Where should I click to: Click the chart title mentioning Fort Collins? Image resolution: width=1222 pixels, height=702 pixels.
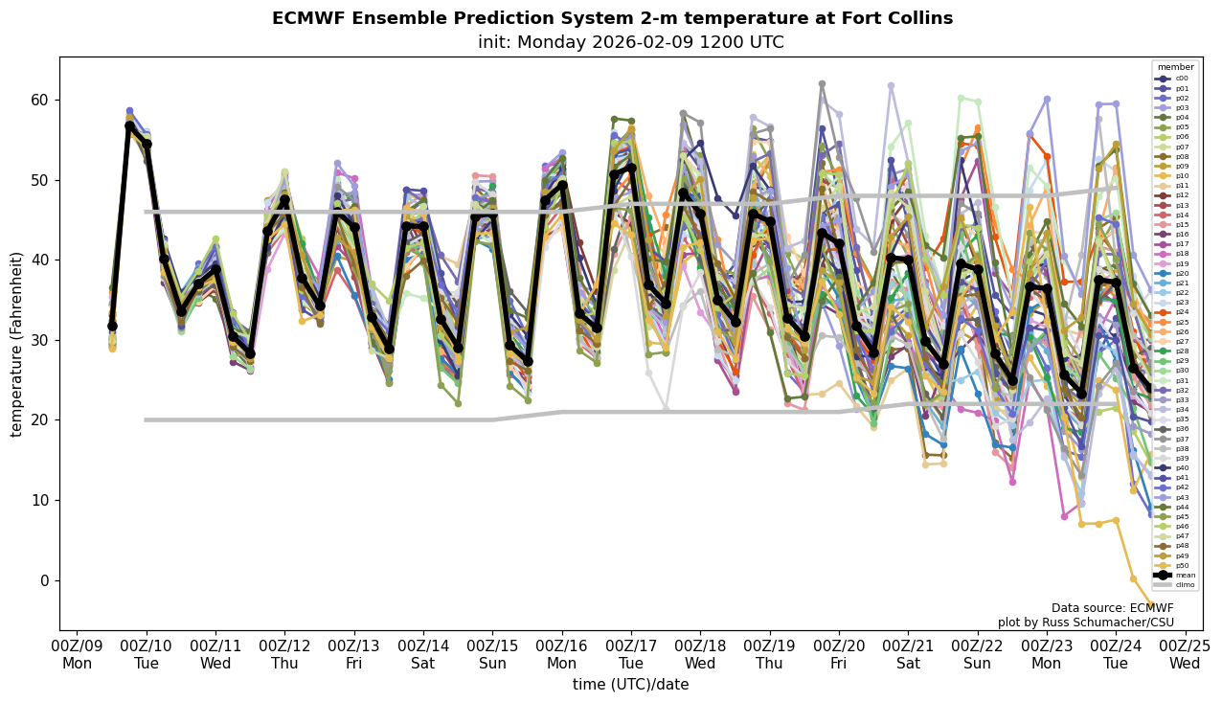[612, 18]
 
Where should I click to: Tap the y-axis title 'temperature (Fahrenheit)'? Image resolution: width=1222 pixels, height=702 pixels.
[16, 344]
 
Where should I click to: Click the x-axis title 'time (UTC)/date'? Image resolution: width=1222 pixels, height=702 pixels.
[630, 684]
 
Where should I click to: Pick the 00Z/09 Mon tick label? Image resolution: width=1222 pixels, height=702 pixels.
[77, 654]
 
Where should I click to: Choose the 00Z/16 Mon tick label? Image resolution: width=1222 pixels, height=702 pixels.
[561, 654]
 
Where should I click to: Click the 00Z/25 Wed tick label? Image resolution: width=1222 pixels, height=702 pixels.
[1186, 654]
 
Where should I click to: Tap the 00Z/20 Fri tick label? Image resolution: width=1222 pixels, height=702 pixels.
[839, 654]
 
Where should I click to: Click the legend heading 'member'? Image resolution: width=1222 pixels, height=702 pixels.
[1176, 68]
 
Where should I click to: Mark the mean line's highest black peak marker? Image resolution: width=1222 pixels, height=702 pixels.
[129, 125]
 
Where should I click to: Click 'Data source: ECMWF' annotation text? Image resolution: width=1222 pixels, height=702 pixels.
[1112, 608]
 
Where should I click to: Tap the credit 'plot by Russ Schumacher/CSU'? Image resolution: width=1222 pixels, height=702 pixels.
[1085, 623]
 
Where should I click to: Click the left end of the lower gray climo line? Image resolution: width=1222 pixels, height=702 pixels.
[147, 419]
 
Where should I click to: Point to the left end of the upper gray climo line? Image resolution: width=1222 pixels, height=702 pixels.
[147, 212]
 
